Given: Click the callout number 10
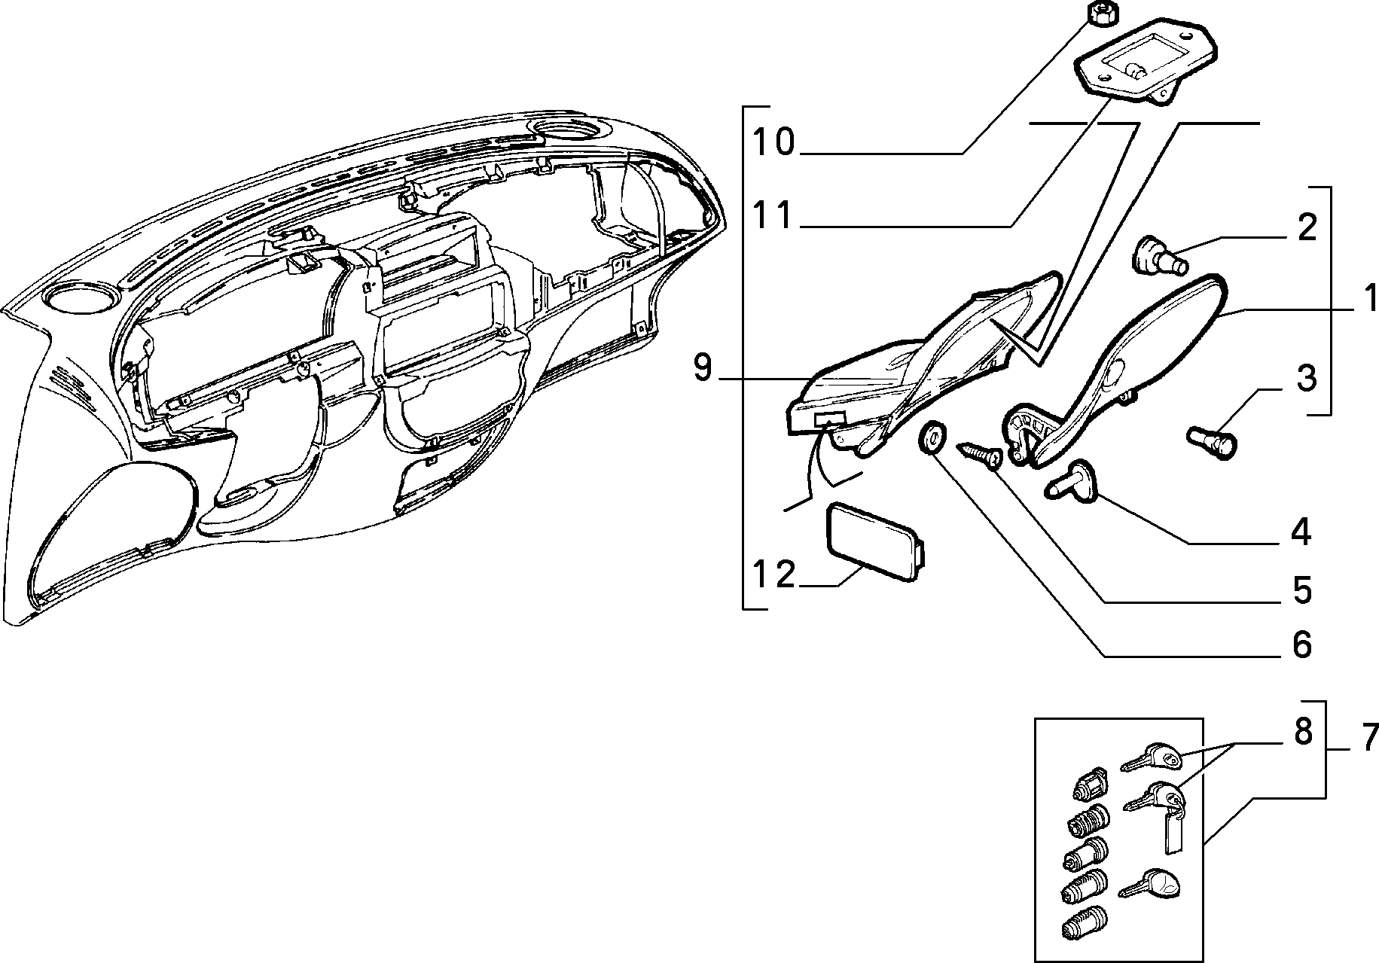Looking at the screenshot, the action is [x=774, y=142].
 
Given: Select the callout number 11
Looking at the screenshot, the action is [x=774, y=215].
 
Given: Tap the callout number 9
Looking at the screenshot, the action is [x=702, y=368].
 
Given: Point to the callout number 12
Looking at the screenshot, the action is [x=773, y=575].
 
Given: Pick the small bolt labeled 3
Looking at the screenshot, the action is [x=1213, y=441].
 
